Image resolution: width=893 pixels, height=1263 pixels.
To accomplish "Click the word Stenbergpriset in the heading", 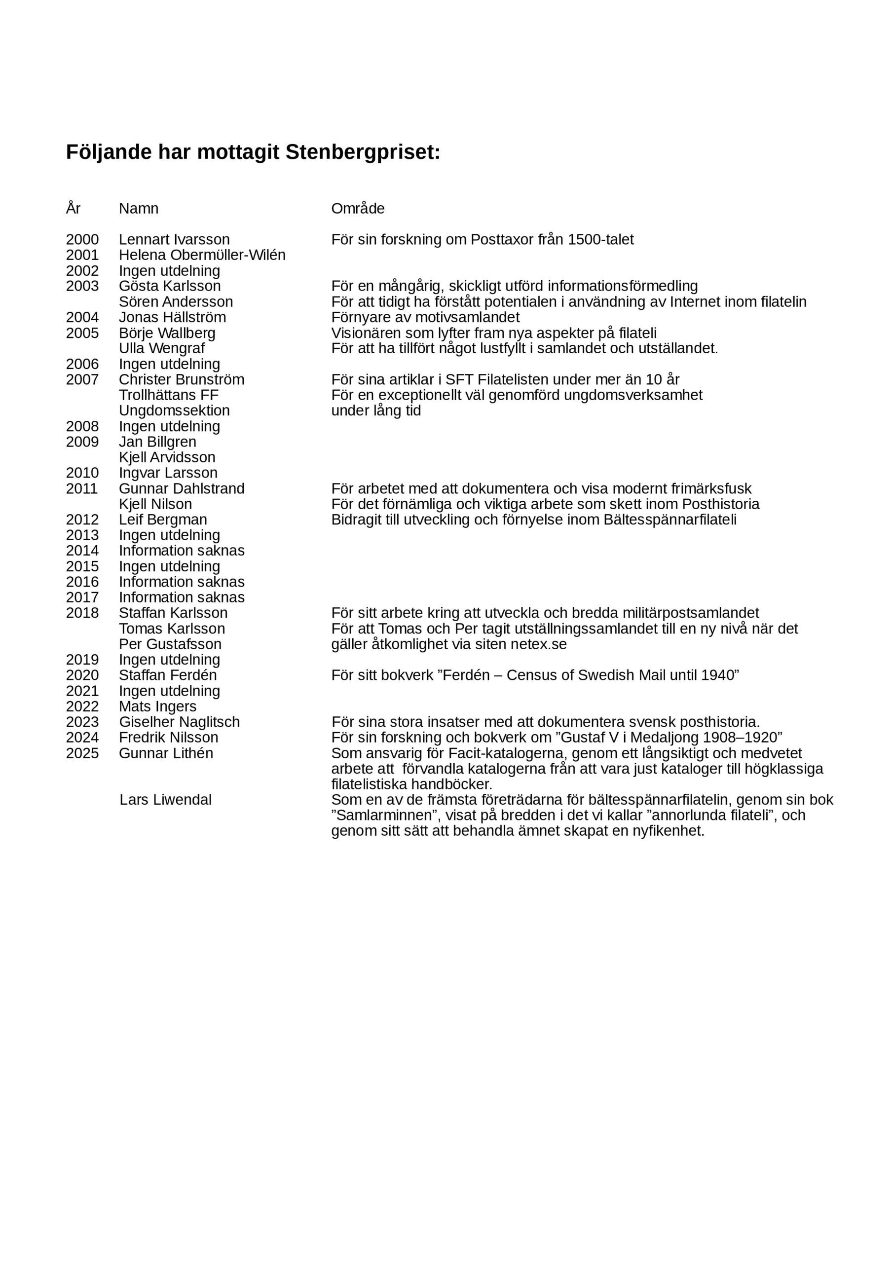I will (x=363, y=152).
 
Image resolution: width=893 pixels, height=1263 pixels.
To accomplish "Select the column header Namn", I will (x=139, y=209).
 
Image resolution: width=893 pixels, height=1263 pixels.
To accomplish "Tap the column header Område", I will (x=358, y=209).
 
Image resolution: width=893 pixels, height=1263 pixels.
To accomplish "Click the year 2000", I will (x=82, y=240).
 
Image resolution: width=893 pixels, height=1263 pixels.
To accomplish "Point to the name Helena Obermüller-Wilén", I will (x=202, y=255).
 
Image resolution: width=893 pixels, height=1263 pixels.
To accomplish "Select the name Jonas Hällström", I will (x=172, y=317).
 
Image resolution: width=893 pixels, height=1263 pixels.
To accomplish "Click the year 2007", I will (x=82, y=379).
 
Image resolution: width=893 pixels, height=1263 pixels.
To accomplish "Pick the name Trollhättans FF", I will (x=168, y=395).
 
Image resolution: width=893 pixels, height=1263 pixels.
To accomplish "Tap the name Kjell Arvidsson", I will (x=167, y=457).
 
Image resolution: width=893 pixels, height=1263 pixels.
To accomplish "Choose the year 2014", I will (x=82, y=551).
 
